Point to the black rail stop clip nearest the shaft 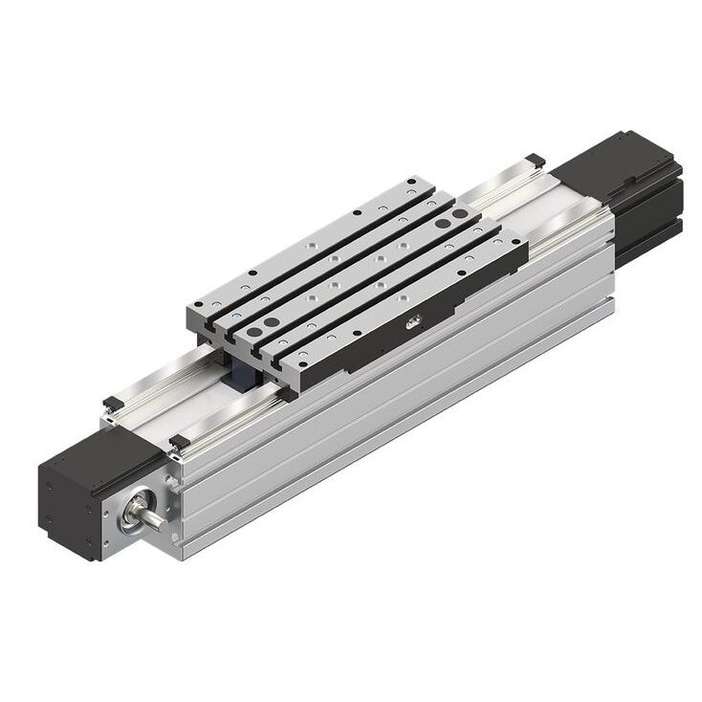(x=177, y=442)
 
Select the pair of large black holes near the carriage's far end (x=441, y=222)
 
